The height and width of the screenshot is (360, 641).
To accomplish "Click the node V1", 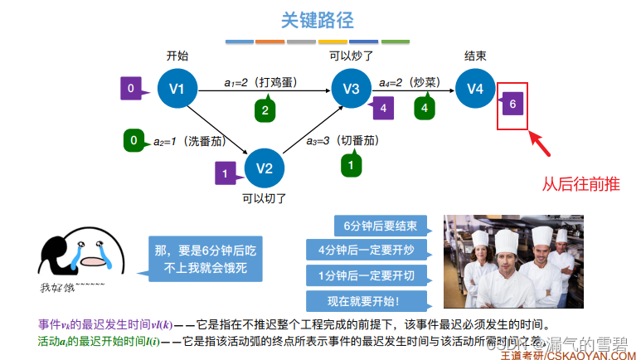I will coord(177,89).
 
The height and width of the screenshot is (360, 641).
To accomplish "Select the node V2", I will coord(265,168).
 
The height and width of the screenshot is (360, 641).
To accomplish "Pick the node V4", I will coord(474,89).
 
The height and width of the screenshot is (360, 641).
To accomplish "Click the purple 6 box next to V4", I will coord(513,105).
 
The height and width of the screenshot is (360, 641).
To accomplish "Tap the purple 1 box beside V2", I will coord(225,173).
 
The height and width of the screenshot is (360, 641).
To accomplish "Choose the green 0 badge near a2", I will coord(134,140).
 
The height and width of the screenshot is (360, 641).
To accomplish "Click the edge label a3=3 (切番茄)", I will coord(341,140).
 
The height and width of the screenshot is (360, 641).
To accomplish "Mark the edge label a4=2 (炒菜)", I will coord(409,83).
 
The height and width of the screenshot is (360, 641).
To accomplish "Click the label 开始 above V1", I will coord(177,56).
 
